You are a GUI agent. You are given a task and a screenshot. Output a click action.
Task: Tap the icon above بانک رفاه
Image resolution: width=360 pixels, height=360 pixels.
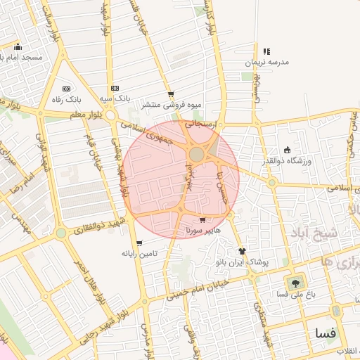click(66, 89)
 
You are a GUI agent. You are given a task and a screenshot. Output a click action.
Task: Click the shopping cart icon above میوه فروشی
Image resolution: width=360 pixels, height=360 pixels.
click(171, 94)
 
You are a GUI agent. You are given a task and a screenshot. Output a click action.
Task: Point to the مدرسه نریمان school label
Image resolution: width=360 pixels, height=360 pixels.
click(266, 62)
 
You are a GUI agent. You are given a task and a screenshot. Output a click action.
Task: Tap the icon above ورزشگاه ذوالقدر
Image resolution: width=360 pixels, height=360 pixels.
click(287, 149)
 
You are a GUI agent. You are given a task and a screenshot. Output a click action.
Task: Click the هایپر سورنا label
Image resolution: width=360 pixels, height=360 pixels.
click(202, 230)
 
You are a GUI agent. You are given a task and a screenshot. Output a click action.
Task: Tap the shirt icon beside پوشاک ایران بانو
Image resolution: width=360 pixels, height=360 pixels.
click(243, 251)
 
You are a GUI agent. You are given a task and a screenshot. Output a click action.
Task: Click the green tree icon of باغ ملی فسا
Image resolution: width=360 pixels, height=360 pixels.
click(294, 283)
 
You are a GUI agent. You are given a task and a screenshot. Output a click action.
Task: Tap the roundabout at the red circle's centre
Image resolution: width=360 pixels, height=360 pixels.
click(197, 154)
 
